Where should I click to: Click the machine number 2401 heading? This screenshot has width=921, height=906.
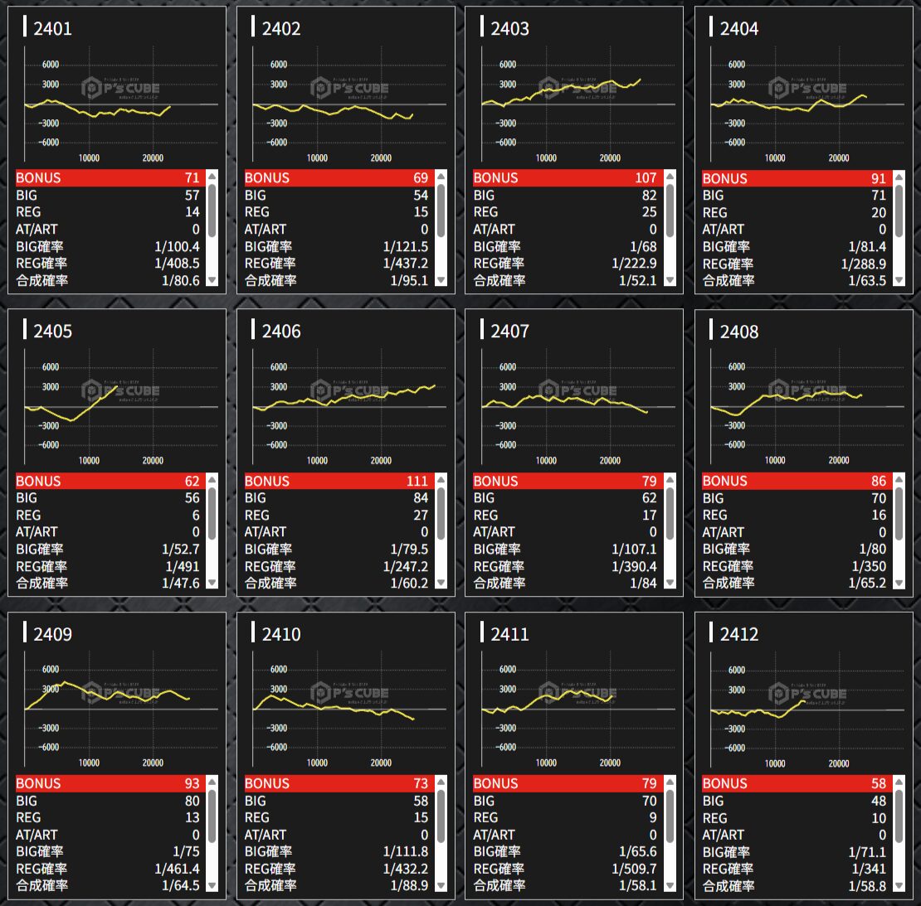52,29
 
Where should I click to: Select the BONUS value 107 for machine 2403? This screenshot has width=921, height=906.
645,177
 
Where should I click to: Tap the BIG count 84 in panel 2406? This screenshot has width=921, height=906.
420,497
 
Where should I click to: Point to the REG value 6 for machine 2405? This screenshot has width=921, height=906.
195,515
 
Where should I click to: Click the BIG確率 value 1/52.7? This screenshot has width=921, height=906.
180,549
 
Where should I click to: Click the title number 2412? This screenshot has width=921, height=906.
738,634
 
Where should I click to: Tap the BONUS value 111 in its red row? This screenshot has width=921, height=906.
417,481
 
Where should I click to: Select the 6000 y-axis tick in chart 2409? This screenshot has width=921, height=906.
50,669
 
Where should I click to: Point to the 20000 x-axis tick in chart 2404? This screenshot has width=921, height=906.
839,157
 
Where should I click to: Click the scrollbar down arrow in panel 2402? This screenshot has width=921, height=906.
441,280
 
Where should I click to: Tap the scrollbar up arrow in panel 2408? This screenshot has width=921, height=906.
899,480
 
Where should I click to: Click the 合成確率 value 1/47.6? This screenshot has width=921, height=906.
180,583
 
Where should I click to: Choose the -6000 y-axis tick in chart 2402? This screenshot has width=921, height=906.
276,143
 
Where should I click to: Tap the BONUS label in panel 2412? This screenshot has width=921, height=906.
724,783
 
